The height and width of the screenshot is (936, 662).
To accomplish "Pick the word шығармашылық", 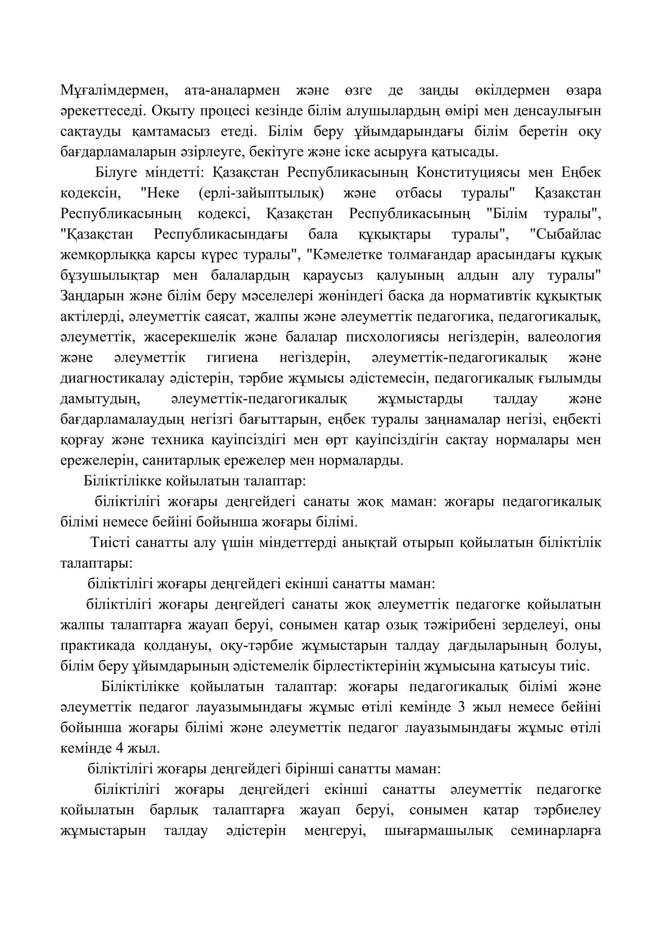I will [x=439, y=831].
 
